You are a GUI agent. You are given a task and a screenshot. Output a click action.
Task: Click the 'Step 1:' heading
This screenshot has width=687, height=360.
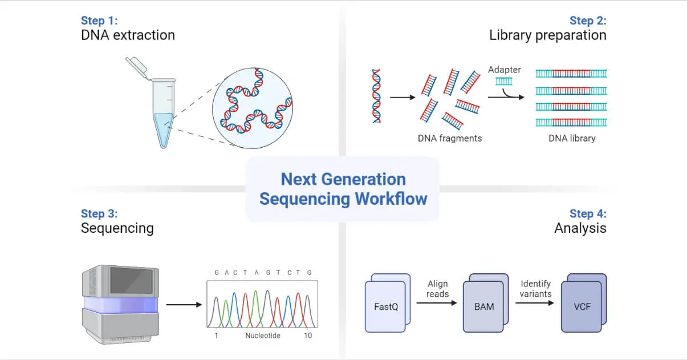[x=100, y=21]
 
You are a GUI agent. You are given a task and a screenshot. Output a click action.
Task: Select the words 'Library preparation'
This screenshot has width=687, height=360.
[x=547, y=35]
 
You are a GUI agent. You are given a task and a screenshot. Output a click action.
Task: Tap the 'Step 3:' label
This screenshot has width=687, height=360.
[x=99, y=213]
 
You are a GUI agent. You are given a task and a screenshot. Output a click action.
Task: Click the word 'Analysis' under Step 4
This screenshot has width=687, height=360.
[x=580, y=228]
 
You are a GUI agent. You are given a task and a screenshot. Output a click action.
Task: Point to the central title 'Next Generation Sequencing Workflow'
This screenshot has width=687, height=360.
[x=343, y=189]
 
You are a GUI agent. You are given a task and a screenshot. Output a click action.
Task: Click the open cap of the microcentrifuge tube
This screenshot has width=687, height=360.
[x=136, y=67]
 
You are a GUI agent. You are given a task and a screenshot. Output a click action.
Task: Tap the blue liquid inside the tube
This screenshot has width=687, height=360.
[x=163, y=128]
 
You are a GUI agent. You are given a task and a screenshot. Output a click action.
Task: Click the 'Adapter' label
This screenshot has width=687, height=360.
[x=504, y=70]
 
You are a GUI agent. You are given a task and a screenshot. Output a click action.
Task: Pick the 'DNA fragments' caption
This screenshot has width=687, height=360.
[x=449, y=138]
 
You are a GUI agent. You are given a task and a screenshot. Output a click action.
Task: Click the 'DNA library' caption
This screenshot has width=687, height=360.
[x=571, y=138]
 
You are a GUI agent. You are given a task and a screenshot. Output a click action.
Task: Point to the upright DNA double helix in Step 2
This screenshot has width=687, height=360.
[x=376, y=96]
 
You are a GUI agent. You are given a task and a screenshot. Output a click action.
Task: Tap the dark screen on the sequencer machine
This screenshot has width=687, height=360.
[x=131, y=280]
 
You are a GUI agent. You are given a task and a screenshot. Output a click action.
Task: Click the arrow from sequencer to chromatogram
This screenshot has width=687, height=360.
[x=184, y=305]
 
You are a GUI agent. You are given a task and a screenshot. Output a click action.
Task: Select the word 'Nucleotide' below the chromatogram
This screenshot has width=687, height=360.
[x=263, y=335]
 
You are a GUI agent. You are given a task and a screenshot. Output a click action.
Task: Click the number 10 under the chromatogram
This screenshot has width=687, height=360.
[x=308, y=335]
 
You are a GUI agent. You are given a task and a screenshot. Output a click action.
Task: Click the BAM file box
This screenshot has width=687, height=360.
[x=483, y=306]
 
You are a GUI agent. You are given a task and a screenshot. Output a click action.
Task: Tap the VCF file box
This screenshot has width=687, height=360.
[x=582, y=306]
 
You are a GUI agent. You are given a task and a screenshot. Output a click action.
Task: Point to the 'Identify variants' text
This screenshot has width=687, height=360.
[x=535, y=289]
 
